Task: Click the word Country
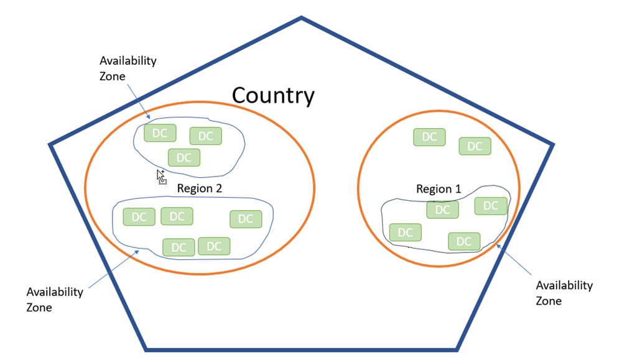pyautogui.click(x=273, y=96)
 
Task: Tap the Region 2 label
pyautogui.click(x=200, y=188)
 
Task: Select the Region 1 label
pyautogui.click(x=439, y=189)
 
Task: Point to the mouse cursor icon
pyautogui.click(x=161, y=177)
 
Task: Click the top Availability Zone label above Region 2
pyautogui.click(x=128, y=68)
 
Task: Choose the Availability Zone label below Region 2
pyautogui.click(x=55, y=299)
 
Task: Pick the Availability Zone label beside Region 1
pyautogui.click(x=564, y=293)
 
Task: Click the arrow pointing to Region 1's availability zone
pyautogui.click(x=514, y=260)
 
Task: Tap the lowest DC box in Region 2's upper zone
pyautogui.click(x=184, y=158)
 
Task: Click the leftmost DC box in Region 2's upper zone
pyautogui.click(x=160, y=133)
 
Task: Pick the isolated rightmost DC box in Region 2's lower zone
pyautogui.click(x=246, y=219)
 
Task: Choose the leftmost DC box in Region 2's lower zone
pyautogui.click(x=139, y=217)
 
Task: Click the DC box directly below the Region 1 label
pyautogui.click(x=442, y=210)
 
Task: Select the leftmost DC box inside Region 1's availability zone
pyautogui.click(x=405, y=233)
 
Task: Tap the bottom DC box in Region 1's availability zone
pyautogui.click(x=464, y=241)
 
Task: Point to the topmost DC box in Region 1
pyautogui.click(x=429, y=137)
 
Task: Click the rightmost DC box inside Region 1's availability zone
pyautogui.click(x=491, y=206)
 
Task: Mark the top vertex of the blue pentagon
pyautogui.click(x=302, y=18)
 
